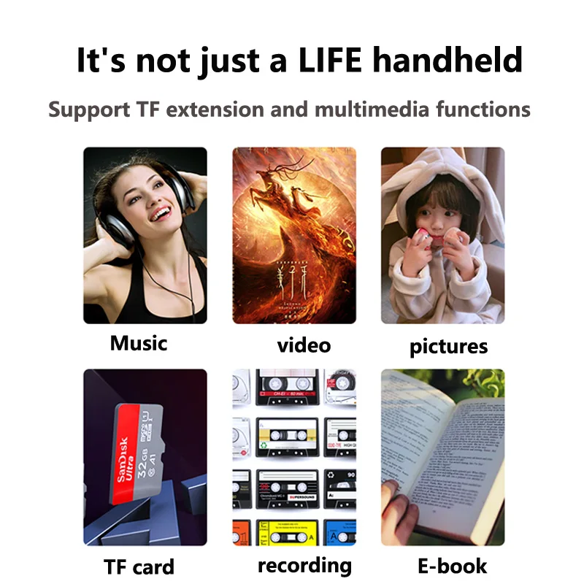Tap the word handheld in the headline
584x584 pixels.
coord(450,60)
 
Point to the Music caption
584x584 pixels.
coord(139,342)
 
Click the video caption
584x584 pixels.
coord(304,345)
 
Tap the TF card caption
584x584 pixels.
coord(139,566)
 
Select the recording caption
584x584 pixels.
coord(304,564)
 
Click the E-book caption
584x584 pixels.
coord(452,565)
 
